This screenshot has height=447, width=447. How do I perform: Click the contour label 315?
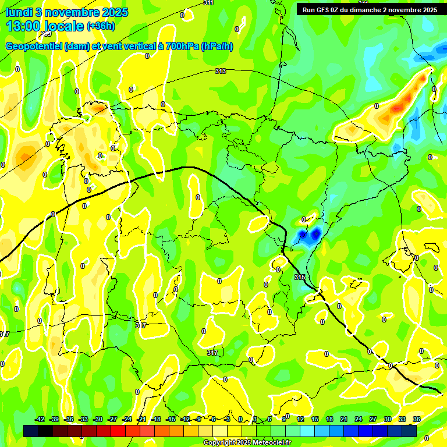click(299, 277)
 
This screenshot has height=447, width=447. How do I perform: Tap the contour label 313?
click(220, 72)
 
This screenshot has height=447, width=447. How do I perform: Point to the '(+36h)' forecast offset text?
click(101, 26)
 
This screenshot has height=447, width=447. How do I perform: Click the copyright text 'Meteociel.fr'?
click(270, 443)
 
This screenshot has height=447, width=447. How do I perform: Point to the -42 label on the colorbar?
click(40, 419)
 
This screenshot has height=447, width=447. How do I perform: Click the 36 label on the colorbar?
click(417, 419)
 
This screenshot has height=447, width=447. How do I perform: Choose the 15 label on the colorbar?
click(315, 419)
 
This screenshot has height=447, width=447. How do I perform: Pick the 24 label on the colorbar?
click(359, 419)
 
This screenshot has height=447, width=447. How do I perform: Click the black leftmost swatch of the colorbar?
click(31, 431)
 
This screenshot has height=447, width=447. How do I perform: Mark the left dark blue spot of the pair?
click(301, 236)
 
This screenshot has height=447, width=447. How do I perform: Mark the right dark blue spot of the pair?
click(316, 234)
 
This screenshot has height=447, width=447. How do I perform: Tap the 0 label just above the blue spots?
click(303, 219)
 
